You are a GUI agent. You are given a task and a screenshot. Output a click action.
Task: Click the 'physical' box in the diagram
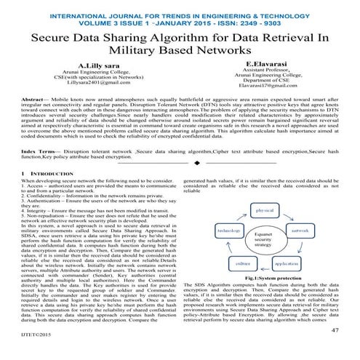click(268, 190)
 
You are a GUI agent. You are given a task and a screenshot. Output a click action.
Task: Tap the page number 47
click(335, 329)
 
